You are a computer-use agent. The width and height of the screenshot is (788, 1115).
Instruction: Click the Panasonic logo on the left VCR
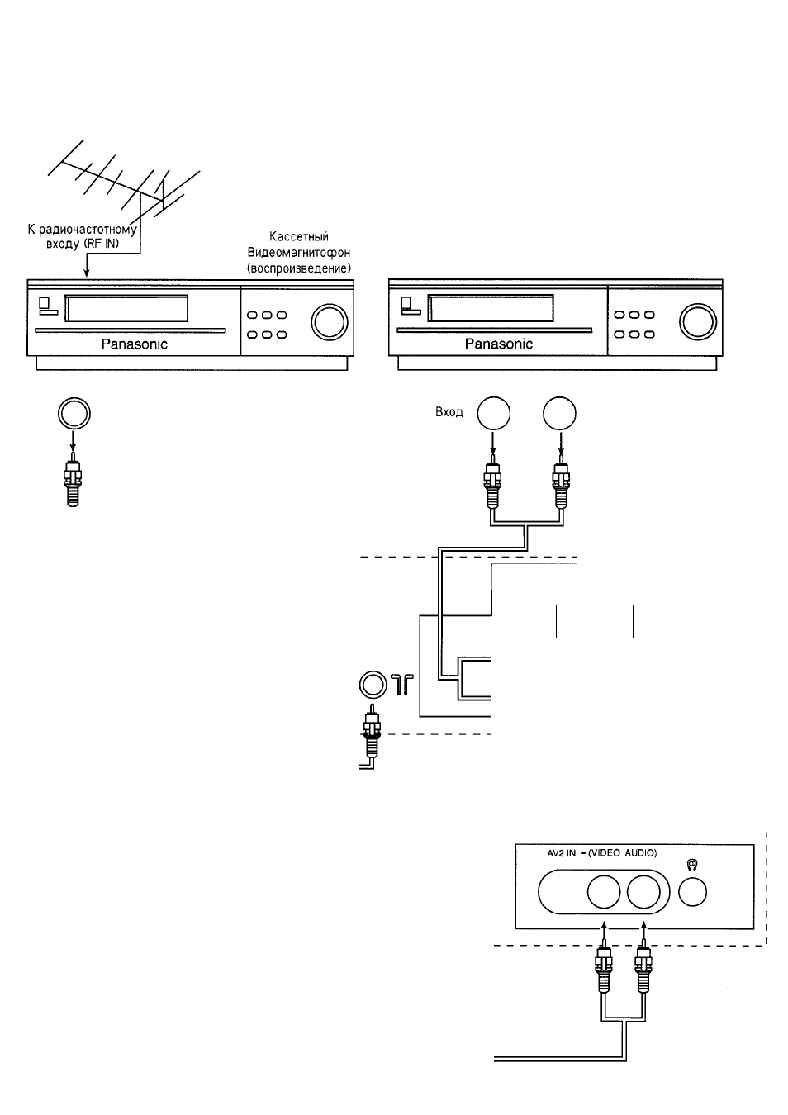[x=135, y=344]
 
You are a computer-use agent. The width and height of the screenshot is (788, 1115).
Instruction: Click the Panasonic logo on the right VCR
[x=498, y=344]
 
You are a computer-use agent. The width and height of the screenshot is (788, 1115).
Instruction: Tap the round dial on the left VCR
[x=329, y=321]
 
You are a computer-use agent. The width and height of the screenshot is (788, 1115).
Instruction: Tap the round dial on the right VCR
[x=697, y=321]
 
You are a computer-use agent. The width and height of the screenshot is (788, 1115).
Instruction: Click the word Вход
[x=449, y=412]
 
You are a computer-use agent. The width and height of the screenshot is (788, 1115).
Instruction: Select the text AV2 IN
[x=561, y=853]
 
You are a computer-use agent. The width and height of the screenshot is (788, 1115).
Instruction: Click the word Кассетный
[x=299, y=236]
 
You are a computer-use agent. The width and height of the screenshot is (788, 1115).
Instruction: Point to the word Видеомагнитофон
[x=299, y=253]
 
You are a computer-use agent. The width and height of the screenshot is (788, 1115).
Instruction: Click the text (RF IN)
[x=102, y=244]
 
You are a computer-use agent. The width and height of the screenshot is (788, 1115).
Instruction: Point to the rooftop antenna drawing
[x=125, y=184]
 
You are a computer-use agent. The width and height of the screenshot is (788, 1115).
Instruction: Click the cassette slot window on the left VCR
[x=126, y=308]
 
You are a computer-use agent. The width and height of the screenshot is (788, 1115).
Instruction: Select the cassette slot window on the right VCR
[x=491, y=307]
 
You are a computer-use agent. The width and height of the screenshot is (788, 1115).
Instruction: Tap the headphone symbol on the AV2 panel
[x=692, y=865]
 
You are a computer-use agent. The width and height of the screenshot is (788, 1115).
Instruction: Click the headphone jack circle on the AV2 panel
[x=692, y=892]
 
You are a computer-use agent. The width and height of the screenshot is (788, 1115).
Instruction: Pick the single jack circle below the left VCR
[x=74, y=413]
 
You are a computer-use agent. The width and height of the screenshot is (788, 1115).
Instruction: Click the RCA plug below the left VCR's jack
[x=73, y=479]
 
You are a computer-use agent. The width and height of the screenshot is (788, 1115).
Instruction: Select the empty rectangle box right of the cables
[x=595, y=621]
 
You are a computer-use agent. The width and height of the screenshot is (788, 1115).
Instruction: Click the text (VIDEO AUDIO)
[x=622, y=853]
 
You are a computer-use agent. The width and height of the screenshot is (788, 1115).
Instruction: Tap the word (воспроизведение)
[x=299, y=268]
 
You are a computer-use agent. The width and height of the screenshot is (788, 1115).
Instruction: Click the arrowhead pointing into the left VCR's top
[x=87, y=273]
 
